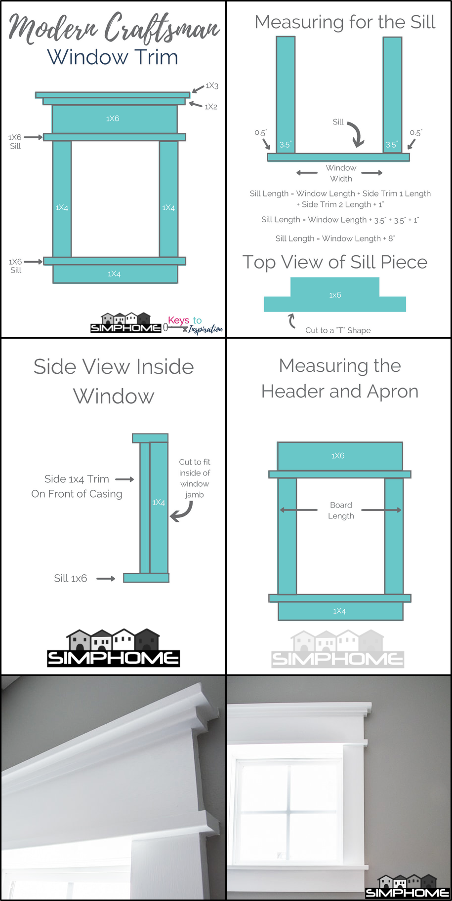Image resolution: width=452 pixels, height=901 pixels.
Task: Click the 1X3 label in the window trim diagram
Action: pos(212,86)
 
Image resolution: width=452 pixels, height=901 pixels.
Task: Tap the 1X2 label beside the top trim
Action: pos(211,107)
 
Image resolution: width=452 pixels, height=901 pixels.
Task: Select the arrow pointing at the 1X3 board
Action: pos(198,89)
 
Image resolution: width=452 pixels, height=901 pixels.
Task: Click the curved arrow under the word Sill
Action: pos(356,134)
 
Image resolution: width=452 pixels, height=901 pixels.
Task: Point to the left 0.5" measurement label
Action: pos(260,133)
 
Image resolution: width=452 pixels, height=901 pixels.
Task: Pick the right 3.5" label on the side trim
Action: pos(391,145)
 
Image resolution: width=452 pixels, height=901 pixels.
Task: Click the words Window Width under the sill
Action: pos(341,173)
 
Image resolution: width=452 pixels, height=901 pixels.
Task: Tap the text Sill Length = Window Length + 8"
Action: pos(335,238)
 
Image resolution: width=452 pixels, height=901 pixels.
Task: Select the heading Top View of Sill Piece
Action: pos(335,262)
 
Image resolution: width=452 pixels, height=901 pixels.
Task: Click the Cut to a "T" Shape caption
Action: pos(338,330)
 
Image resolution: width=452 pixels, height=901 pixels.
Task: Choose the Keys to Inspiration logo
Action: pos(194,324)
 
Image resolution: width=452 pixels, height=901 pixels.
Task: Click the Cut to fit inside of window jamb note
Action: pos(195,478)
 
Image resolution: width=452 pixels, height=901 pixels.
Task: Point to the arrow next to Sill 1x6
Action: pos(105,579)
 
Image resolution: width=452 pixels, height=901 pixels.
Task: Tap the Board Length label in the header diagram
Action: pos(341,510)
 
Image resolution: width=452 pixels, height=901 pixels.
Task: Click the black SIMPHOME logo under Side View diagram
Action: pos(114,649)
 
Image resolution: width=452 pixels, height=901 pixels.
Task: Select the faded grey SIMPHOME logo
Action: pos(338,650)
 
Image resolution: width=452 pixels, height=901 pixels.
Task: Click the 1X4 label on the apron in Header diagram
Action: pos(339,611)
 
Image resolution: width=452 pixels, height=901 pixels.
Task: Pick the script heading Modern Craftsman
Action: pos(114,28)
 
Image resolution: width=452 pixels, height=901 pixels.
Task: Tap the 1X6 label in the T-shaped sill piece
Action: pos(335,295)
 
